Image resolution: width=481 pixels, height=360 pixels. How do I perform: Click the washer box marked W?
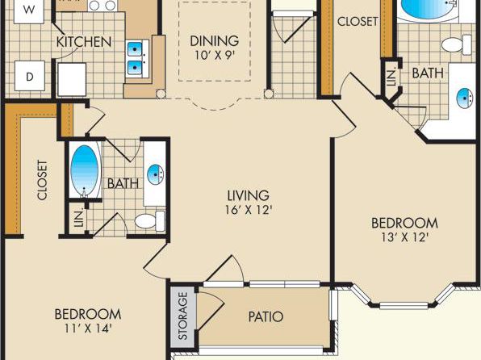(x=29, y=11)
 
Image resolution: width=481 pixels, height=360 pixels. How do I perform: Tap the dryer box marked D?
(x=30, y=76)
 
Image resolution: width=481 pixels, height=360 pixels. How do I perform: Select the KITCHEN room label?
(x=84, y=42)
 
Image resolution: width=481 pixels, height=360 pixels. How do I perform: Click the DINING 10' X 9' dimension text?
(x=215, y=55)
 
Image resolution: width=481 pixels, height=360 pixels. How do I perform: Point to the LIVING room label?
(x=249, y=195)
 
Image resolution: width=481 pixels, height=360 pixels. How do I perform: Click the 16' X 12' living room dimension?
(x=249, y=210)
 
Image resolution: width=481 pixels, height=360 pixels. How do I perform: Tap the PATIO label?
(x=266, y=316)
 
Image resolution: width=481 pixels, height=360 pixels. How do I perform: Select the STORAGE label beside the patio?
(x=183, y=316)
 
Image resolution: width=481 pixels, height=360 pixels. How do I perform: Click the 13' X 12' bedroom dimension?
(x=405, y=237)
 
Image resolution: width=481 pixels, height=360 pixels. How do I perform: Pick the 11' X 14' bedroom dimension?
(x=88, y=329)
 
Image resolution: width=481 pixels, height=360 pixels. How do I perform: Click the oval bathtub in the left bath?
(x=85, y=170)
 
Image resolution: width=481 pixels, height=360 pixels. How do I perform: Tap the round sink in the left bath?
(x=155, y=174)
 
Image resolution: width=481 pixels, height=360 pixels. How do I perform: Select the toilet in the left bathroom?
(x=150, y=221)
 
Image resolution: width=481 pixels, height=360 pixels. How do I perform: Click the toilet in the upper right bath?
(x=457, y=44)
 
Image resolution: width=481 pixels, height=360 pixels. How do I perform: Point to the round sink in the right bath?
(x=465, y=98)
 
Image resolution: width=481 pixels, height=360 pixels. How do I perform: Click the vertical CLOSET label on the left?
(x=42, y=180)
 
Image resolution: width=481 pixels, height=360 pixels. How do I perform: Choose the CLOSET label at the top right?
(x=358, y=21)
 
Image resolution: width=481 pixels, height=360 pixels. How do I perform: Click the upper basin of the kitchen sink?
(x=135, y=49)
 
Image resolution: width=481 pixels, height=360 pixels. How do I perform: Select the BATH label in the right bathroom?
(x=428, y=73)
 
